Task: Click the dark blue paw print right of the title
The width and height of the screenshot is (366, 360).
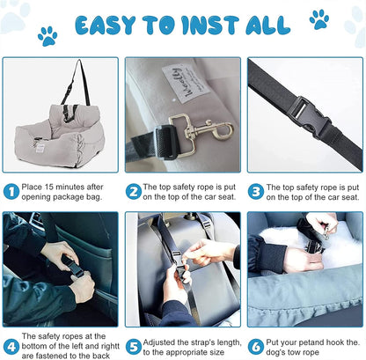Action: pos(318,19)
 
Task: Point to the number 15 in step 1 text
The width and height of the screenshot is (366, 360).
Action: pos(50,187)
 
